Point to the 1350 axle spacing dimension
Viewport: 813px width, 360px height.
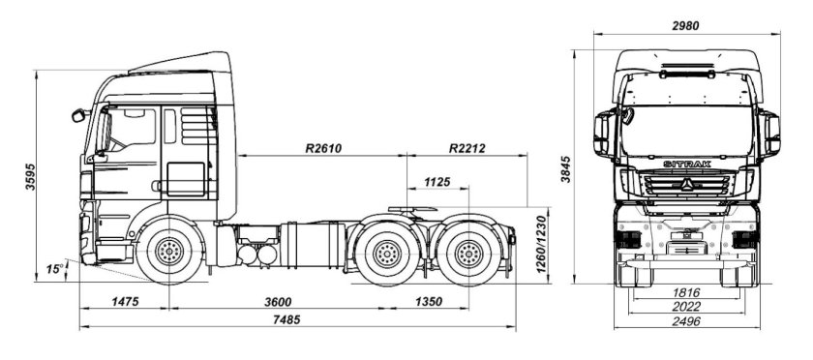tap(427, 302)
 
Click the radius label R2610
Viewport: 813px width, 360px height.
tap(323, 149)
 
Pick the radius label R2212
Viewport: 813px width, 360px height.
tap(468, 149)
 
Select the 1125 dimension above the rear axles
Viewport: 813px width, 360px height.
tap(437, 182)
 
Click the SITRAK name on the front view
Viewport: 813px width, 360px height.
tap(687, 165)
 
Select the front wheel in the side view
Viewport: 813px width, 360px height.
tap(170, 255)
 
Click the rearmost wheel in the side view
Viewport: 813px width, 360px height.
tap(469, 255)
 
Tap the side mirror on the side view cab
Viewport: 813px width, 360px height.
tap(78, 116)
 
